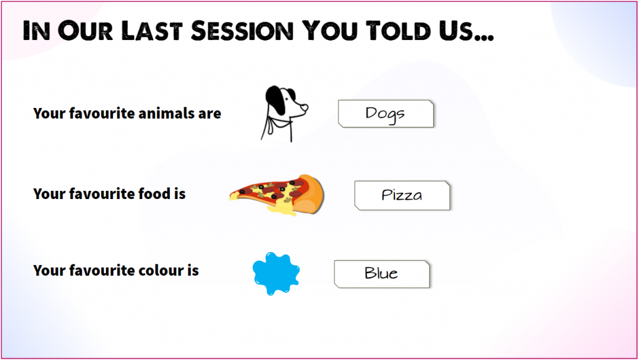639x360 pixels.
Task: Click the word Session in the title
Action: [242, 31]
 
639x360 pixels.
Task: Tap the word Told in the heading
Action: [398, 31]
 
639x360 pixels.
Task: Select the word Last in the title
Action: [152, 31]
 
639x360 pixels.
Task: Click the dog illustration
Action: [284, 114]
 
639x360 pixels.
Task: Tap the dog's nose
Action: [306, 107]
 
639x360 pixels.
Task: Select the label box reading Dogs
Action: [386, 114]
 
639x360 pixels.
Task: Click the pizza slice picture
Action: [277, 195]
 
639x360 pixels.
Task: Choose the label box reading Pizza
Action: [402, 195]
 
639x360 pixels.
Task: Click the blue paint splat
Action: [276, 273]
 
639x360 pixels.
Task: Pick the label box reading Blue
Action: [382, 274]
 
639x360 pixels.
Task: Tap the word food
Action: [154, 193]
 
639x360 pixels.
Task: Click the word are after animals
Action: [210, 114]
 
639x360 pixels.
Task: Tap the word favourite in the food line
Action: [102, 193]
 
